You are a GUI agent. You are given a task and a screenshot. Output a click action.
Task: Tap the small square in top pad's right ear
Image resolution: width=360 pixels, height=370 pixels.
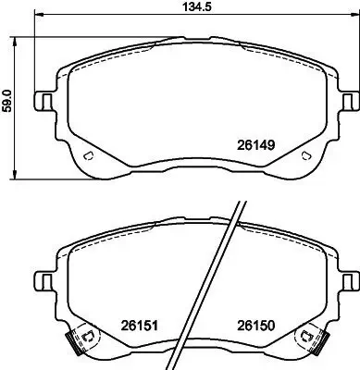click(x=346, y=99)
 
